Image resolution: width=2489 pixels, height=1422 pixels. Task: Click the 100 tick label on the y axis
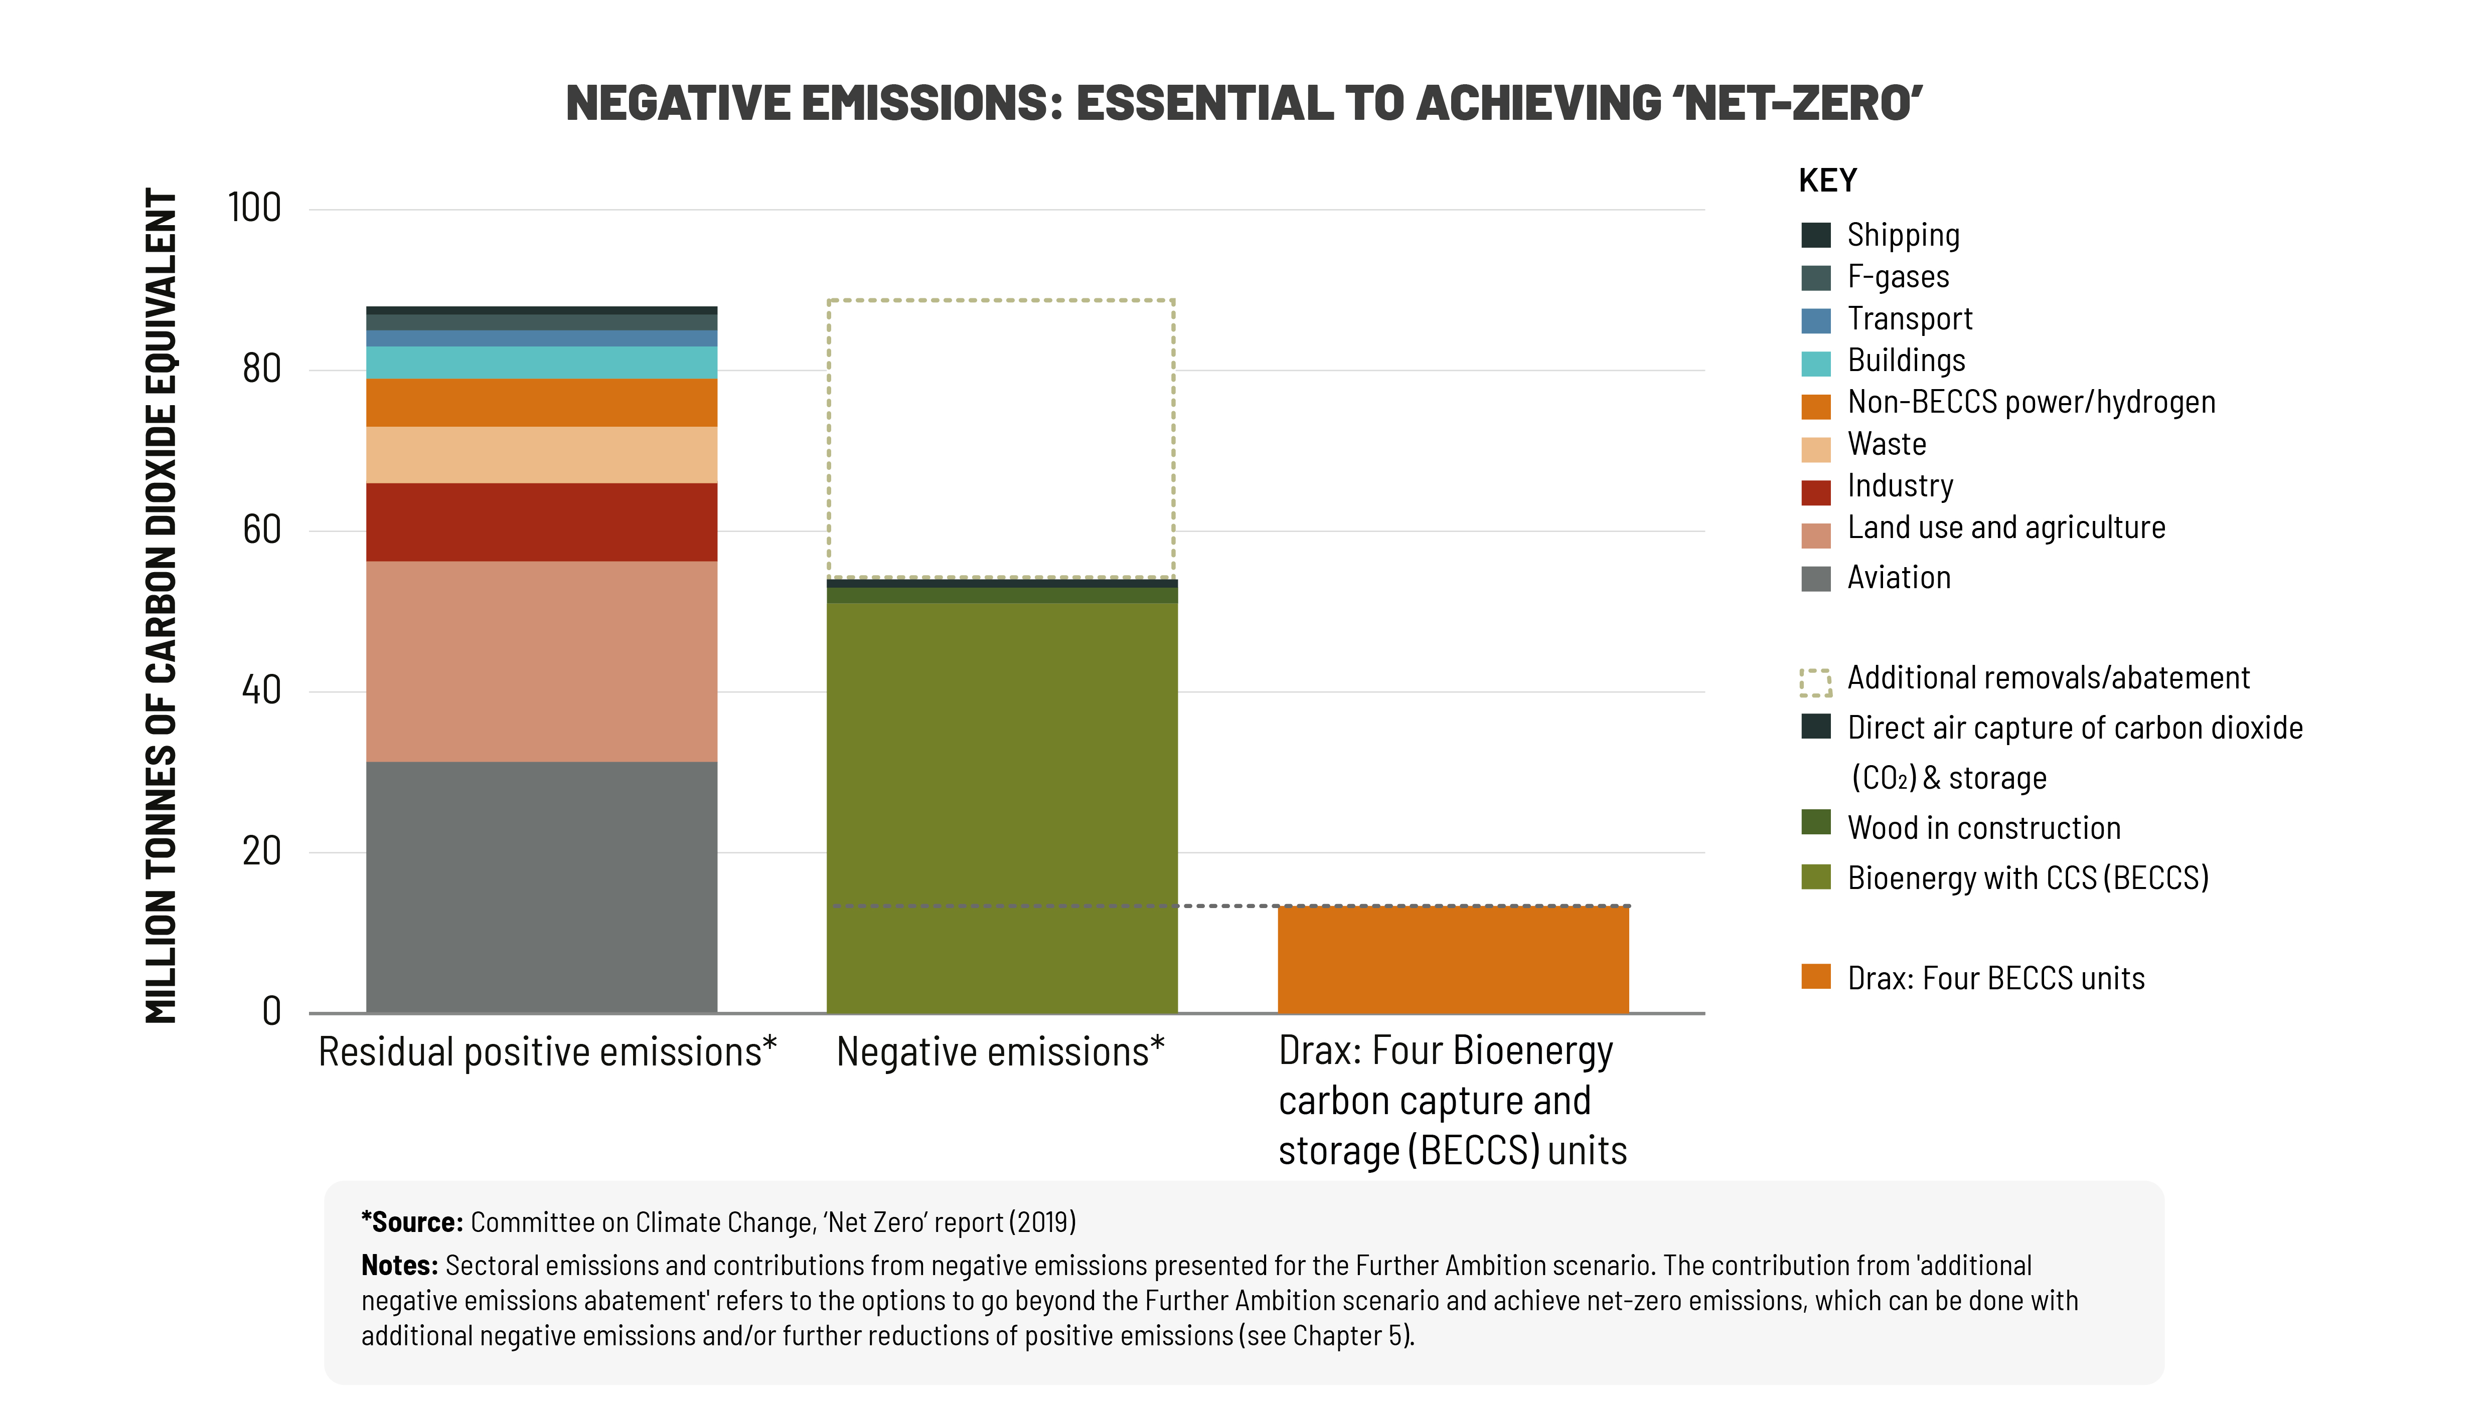(254, 208)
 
